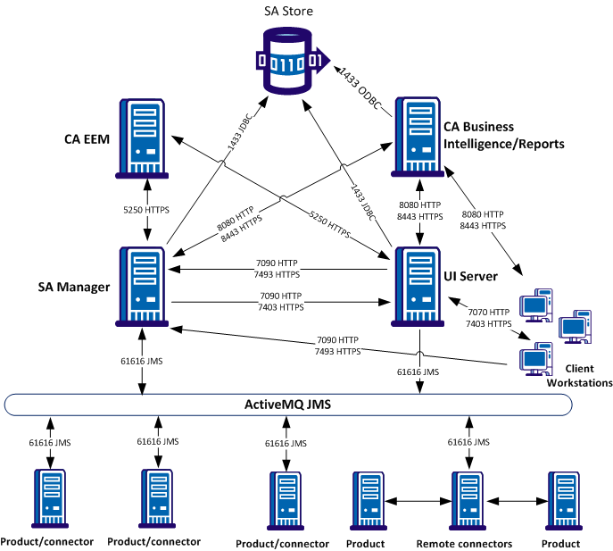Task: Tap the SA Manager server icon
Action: click(x=144, y=284)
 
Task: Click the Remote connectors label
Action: click(x=464, y=543)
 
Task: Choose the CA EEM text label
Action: click(x=87, y=139)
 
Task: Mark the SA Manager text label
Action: click(x=73, y=287)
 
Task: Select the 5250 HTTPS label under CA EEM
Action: click(x=145, y=210)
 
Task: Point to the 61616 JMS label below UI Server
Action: click(x=418, y=372)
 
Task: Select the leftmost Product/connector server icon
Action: click(x=49, y=500)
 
